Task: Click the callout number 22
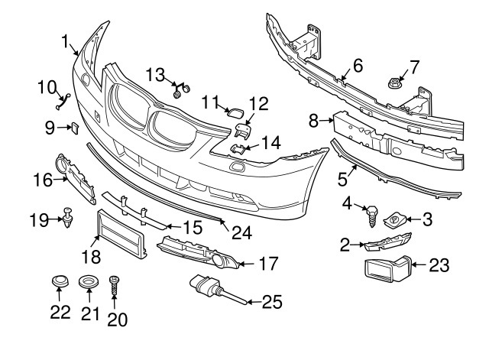pos(60,312)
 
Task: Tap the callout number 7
pos(414,66)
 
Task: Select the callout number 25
pos(272,302)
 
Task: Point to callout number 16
pos(41,180)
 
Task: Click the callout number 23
pos(439,266)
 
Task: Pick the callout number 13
pos(156,74)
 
